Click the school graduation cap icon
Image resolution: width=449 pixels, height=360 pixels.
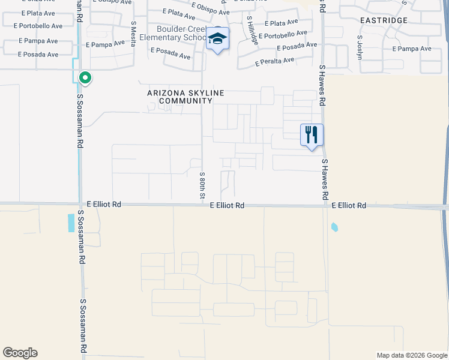(217, 40)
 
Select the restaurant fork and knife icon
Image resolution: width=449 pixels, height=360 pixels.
(312, 134)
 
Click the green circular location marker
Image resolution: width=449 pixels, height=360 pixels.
(85, 77)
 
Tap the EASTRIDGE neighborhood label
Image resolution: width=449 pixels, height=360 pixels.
(384, 20)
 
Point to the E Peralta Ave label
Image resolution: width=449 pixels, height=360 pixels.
(274, 61)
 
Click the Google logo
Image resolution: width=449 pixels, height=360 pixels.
(20, 353)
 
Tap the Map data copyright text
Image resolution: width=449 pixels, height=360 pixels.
(412, 355)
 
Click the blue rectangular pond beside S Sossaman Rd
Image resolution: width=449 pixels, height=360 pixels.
(71, 223)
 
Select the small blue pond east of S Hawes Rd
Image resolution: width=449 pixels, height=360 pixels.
(334, 227)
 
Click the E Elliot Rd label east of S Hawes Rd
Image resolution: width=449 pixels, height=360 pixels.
(349, 205)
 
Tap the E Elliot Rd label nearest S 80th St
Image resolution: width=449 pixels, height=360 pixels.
(227, 205)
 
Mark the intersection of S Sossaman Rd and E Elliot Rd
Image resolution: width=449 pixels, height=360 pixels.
(80, 205)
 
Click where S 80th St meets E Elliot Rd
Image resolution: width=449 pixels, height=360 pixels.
(203, 205)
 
